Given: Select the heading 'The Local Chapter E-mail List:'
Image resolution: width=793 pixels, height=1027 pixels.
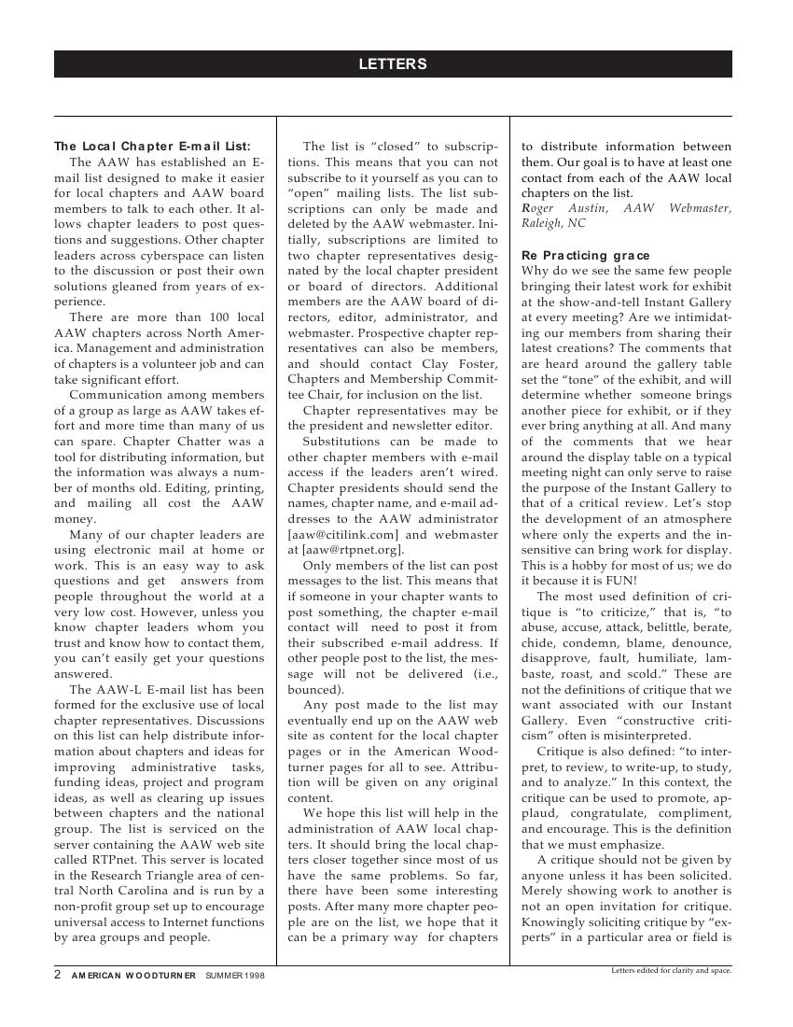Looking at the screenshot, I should (152, 147).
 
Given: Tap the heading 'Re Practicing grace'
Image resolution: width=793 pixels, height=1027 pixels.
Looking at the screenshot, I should (586, 256).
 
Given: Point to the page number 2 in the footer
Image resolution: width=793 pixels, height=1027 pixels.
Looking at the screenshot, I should (58, 975).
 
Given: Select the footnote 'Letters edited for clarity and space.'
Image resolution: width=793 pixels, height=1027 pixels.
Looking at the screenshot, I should (671, 970).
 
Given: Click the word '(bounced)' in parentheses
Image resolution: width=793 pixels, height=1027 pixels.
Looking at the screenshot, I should (316, 690).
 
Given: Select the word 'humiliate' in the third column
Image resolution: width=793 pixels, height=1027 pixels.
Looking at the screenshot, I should (639, 658).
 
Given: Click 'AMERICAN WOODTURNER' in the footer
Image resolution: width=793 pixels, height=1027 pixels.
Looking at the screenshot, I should (133, 976).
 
